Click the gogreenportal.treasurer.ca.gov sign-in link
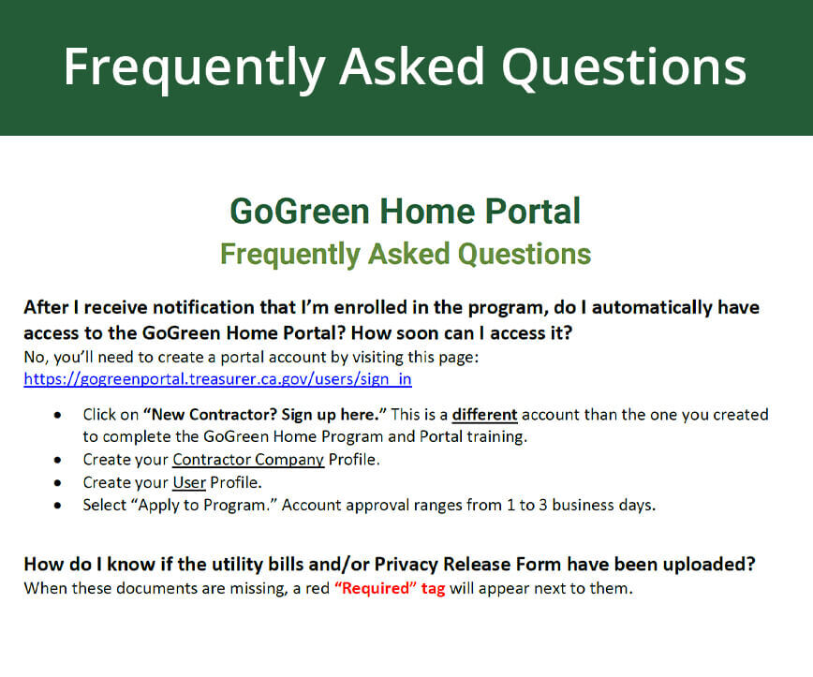(217, 379)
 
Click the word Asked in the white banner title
(412, 66)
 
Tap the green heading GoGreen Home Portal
(406, 212)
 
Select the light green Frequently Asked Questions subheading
(406, 255)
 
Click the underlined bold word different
(485, 415)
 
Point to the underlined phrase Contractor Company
(248, 460)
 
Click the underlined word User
(189, 482)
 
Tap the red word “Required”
(376, 588)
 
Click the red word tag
(434, 589)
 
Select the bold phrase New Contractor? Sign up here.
(265, 415)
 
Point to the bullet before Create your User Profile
(57, 483)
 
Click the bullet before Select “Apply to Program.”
(57, 506)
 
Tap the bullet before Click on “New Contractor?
(57, 415)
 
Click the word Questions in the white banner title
(624, 67)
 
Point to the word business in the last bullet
(583, 506)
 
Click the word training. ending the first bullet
(496, 437)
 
